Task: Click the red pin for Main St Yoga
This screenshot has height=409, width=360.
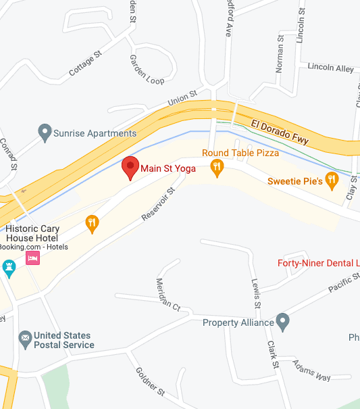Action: point(130,167)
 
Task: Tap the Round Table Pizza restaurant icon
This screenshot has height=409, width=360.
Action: point(216,167)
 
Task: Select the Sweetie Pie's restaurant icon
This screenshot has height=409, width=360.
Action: point(331,180)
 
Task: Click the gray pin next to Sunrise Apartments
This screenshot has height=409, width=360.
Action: point(45,133)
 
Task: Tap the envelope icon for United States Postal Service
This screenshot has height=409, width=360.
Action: point(25,337)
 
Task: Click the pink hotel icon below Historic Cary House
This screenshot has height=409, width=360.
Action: point(32,258)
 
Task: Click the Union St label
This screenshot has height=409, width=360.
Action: point(182,99)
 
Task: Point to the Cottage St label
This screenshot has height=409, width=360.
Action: point(85,63)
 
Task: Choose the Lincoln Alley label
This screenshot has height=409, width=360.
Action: point(330,68)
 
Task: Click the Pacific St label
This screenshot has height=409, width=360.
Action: point(344,283)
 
